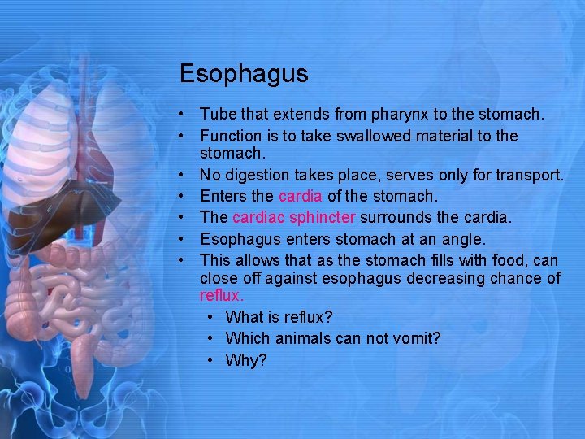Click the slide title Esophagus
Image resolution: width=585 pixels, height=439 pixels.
point(244,74)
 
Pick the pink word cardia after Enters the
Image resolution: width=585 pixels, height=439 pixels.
point(300,196)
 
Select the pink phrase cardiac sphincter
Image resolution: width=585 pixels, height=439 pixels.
point(293,217)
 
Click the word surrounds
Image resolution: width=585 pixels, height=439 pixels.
point(393,217)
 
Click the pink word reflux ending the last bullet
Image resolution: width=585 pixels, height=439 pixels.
point(221,297)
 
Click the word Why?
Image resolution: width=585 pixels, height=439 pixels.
point(246,360)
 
